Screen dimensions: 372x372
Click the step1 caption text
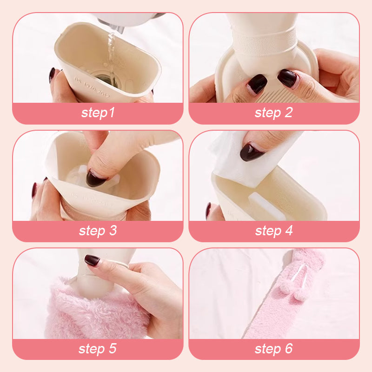pos(98,113)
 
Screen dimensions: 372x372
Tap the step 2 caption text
pos(273,113)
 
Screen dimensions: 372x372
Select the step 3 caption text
pos(98,230)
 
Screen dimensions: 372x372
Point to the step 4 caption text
pos(274,230)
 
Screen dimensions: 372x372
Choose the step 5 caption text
pos(98,348)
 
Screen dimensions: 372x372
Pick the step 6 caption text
pos(273,348)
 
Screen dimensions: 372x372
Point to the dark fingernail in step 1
pos(52,74)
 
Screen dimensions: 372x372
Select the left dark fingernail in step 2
pos(258,84)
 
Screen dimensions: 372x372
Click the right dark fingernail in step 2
pos(287,78)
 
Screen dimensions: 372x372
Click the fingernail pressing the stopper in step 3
pos(96,178)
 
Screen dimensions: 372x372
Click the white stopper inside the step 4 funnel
pos(267,206)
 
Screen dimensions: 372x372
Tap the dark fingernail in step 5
pos(92,260)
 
